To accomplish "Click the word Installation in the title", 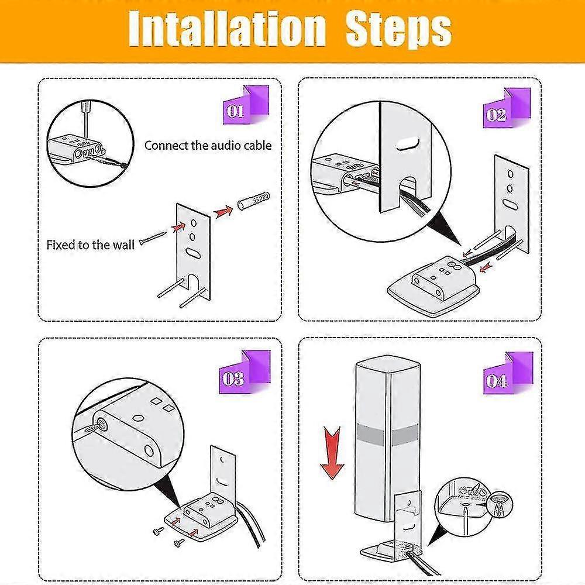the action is tap(227, 29).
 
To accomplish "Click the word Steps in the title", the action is tap(398, 30).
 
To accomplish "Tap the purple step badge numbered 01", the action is tap(246, 105).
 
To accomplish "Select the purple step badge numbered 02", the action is tap(507, 108).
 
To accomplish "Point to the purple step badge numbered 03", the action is tap(245, 372).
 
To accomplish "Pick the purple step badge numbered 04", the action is tap(508, 373).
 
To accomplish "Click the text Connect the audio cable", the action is tap(208, 146).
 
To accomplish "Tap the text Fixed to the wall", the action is tap(90, 245).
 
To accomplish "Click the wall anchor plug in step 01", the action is tap(253, 200).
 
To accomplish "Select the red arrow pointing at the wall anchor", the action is tap(223, 212).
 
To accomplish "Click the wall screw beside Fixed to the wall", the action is tap(153, 238).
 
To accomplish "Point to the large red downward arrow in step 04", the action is tap(332, 453).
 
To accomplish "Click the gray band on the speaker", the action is tap(387, 433).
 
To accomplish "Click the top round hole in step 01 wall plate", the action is tap(194, 223).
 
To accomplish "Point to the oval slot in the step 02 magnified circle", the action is tap(408, 144).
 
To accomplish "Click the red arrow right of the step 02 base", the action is tap(486, 267).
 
